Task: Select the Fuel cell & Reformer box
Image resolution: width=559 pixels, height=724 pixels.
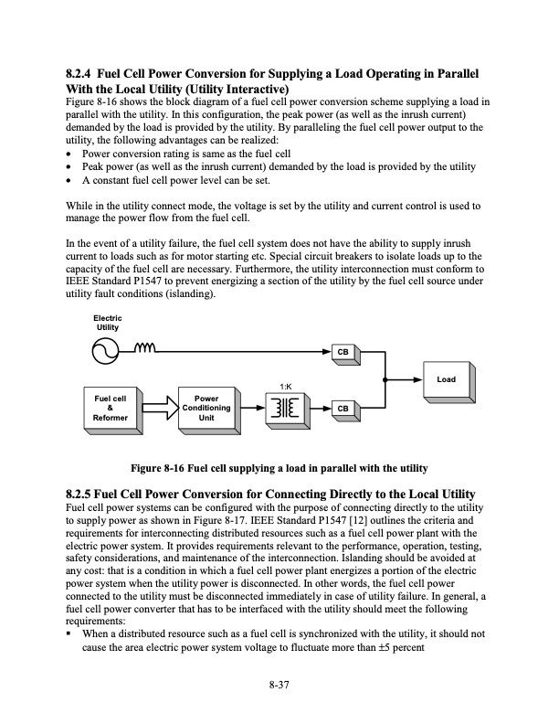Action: (110, 407)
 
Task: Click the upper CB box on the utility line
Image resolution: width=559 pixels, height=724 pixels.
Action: (343, 351)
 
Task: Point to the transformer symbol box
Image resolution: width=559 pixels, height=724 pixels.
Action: (285, 408)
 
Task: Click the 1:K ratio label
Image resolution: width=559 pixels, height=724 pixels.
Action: (284, 387)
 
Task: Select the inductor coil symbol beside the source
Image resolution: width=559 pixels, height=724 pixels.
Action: (145, 347)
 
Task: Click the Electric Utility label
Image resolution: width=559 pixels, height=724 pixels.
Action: (107, 322)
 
